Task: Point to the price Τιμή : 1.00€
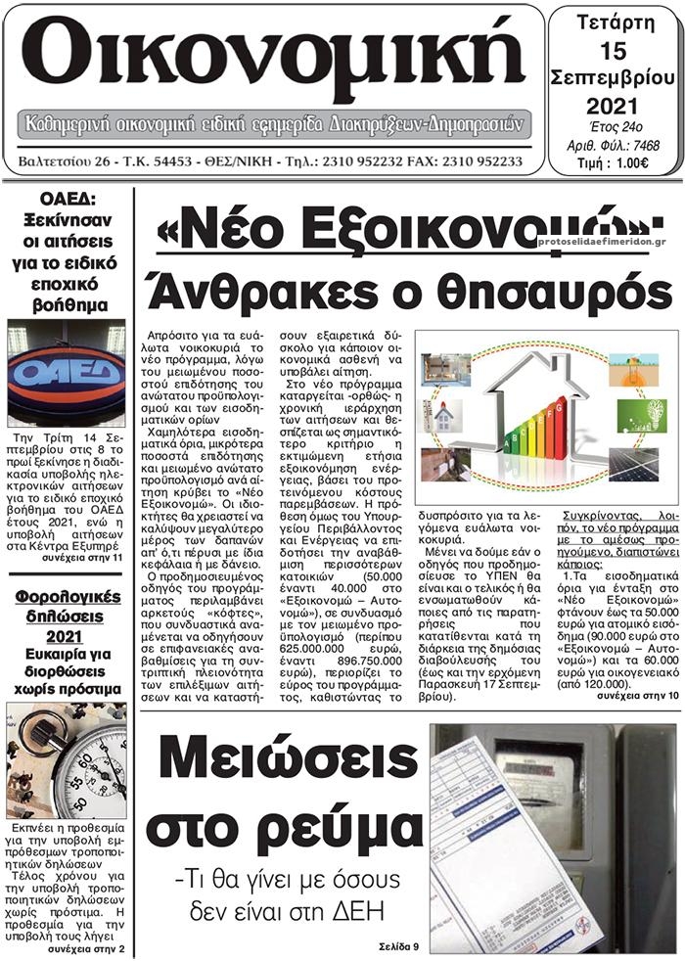tap(614, 162)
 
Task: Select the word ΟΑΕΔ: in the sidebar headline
tap(66, 199)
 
